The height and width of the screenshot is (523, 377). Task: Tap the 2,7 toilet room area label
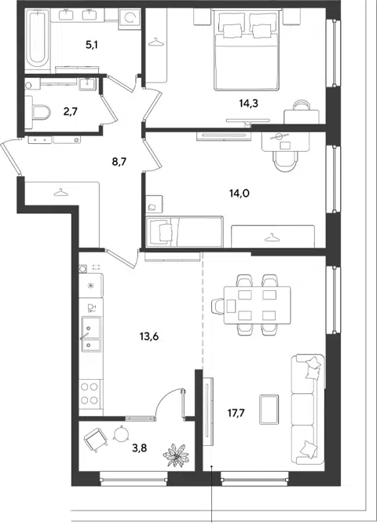click(x=70, y=111)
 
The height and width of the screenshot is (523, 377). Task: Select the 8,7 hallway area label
click(x=119, y=162)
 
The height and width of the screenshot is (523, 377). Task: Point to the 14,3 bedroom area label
click(x=249, y=104)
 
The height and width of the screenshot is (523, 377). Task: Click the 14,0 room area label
click(x=239, y=193)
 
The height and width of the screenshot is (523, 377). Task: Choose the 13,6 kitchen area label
click(x=149, y=337)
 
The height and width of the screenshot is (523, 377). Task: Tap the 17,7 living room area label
click(x=236, y=414)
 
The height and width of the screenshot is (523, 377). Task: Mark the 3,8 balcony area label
click(x=139, y=448)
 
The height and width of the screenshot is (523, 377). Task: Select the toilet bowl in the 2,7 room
click(x=38, y=112)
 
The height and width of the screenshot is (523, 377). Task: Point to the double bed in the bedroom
click(x=247, y=51)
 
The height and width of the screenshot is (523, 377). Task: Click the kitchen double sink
click(x=91, y=333)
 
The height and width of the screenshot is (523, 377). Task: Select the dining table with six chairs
click(x=251, y=305)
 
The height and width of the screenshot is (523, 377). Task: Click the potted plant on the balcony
click(x=176, y=455)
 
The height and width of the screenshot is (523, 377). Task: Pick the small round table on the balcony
click(x=121, y=434)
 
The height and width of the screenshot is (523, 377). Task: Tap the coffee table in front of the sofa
click(x=269, y=410)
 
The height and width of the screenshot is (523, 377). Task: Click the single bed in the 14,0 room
click(x=185, y=231)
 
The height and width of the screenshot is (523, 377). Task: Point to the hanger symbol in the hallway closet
click(x=59, y=192)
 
